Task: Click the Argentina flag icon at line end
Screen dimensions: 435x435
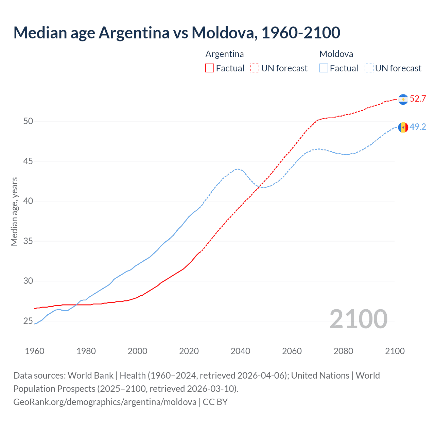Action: (403, 99)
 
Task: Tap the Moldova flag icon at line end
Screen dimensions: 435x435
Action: (403, 127)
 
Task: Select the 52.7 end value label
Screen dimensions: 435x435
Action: (418, 99)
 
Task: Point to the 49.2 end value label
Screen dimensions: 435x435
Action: (418, 127)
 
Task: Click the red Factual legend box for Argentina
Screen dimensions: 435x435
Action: (210, 68)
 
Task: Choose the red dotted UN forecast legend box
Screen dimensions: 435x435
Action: (255, 68)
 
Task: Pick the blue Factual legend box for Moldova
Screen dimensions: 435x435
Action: (324, 68)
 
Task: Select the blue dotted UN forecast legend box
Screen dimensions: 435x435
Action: (369, 68)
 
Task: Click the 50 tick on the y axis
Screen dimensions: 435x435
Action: (28, 121)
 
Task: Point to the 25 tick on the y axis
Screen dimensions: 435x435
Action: (28, 321)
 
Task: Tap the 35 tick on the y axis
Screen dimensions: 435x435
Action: (28, 241)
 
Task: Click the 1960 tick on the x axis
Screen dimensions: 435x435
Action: (35, 351)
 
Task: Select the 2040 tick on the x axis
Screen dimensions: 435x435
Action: (240, 351)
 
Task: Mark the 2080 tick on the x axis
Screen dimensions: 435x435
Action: (343, 351)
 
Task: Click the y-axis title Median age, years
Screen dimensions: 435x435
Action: (14, 211)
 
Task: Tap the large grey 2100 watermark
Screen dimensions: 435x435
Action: (358, 319)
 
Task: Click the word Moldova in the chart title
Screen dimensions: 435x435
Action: (223, 33)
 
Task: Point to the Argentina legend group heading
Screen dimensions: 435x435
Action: (225, 54)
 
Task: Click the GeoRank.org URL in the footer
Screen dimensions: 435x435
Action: (105, 402)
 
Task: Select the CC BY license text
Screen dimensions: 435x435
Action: (215, 402)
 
